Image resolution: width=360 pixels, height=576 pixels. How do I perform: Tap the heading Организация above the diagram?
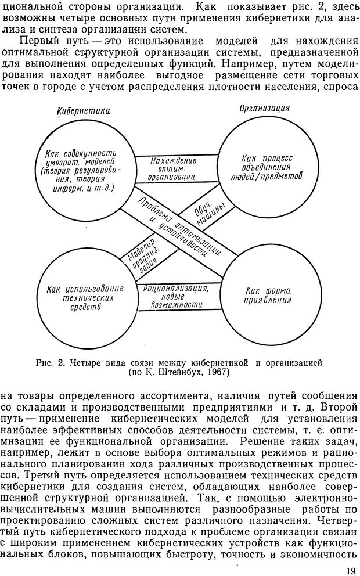click(x=264, y=109)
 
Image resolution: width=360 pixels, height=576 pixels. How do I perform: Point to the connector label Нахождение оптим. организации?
click(x=171, y=169)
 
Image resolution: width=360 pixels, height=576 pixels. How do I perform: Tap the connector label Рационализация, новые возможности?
click(x=172, y=294)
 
